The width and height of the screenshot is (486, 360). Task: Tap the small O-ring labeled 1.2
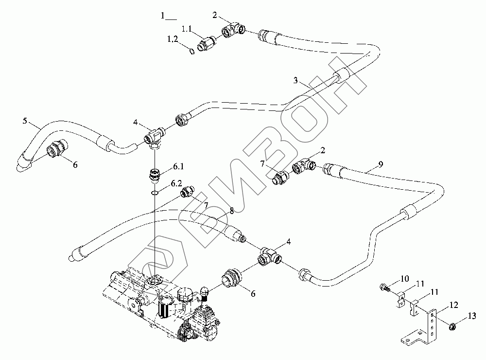pyautogui.click(x=192, y=52)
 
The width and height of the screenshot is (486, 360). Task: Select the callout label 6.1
pyautogui.click(x=178, y=167)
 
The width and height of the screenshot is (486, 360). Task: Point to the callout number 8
pyautogui.click(x=232, y=210)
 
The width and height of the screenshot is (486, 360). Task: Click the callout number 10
pyautogui.click(x=405, y=279)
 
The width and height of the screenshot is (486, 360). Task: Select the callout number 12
pyautogui.click(x=453, y=305)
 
